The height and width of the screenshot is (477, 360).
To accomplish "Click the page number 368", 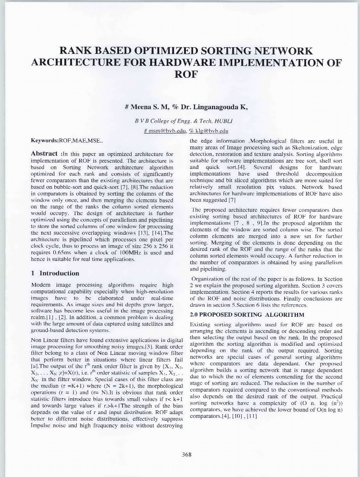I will tap(186, 455).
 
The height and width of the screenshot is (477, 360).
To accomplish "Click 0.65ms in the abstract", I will tap(63, 253).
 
